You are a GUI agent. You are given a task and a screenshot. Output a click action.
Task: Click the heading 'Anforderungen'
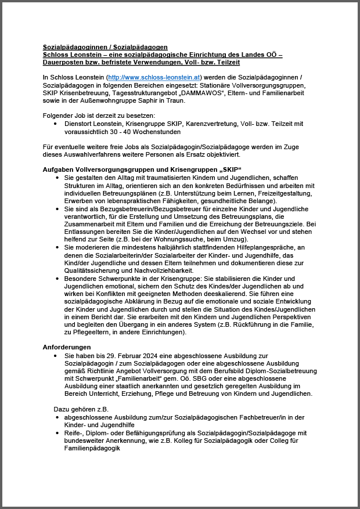tap(67, 346)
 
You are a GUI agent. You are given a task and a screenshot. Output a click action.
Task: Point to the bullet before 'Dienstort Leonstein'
tap(55, 123)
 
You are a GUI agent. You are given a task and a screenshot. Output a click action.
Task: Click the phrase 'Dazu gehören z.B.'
tap(82, 409)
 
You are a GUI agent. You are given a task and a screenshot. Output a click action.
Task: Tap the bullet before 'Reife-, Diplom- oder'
tap(56, 433)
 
